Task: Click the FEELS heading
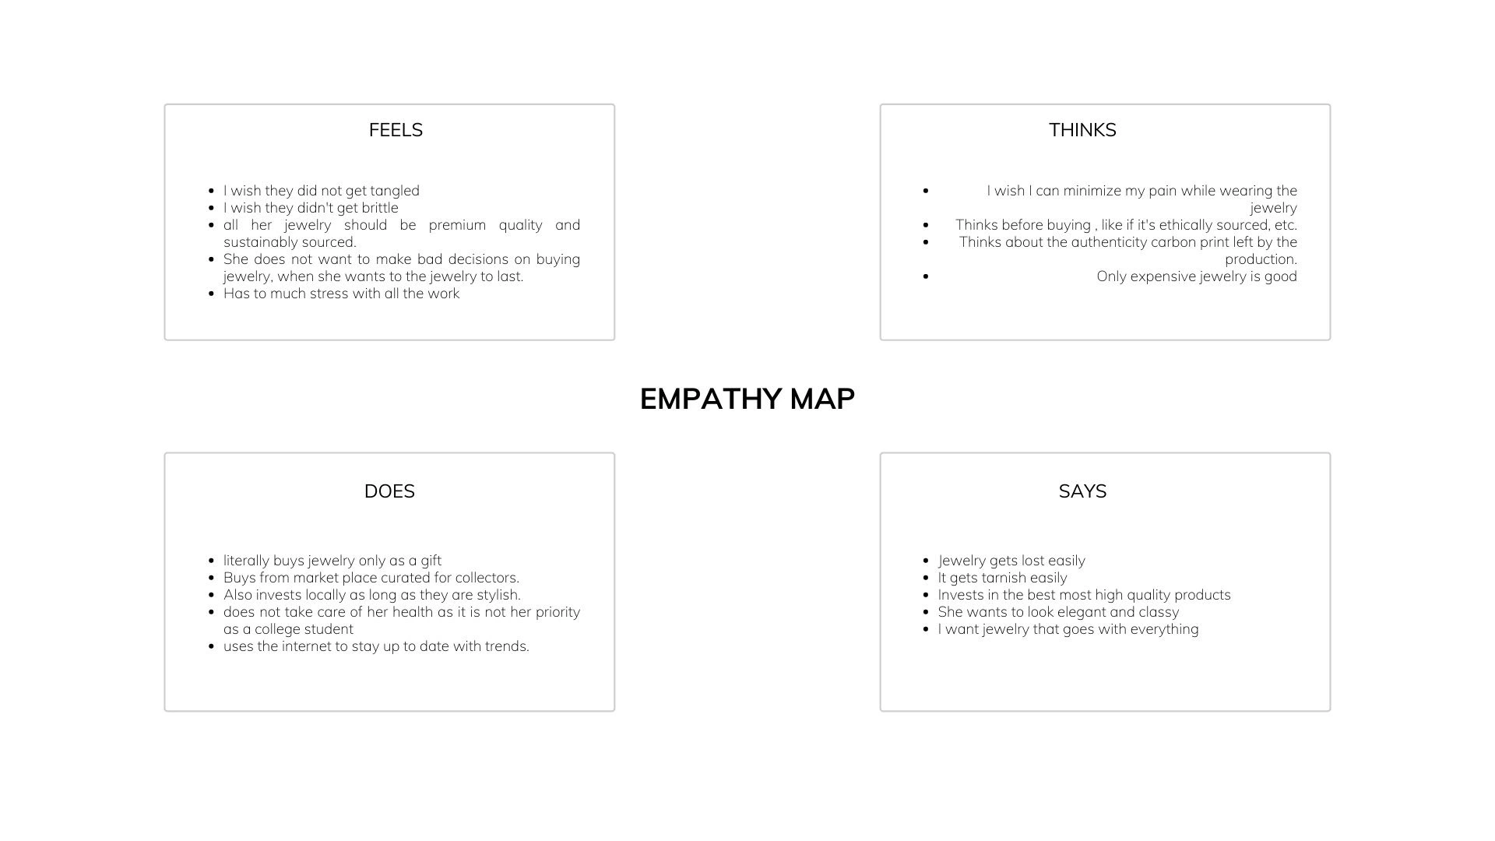click(396, 130)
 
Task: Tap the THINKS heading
click(1082, 130)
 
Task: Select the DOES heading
click(389, 491)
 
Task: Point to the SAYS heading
click(1082, 491)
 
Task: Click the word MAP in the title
click(822, 399)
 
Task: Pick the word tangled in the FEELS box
click(395, 191)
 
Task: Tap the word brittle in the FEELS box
click(380, 208)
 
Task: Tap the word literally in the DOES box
click(246, 561)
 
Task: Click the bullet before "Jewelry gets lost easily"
click(925, 561)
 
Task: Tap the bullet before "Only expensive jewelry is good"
click(925, 276)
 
